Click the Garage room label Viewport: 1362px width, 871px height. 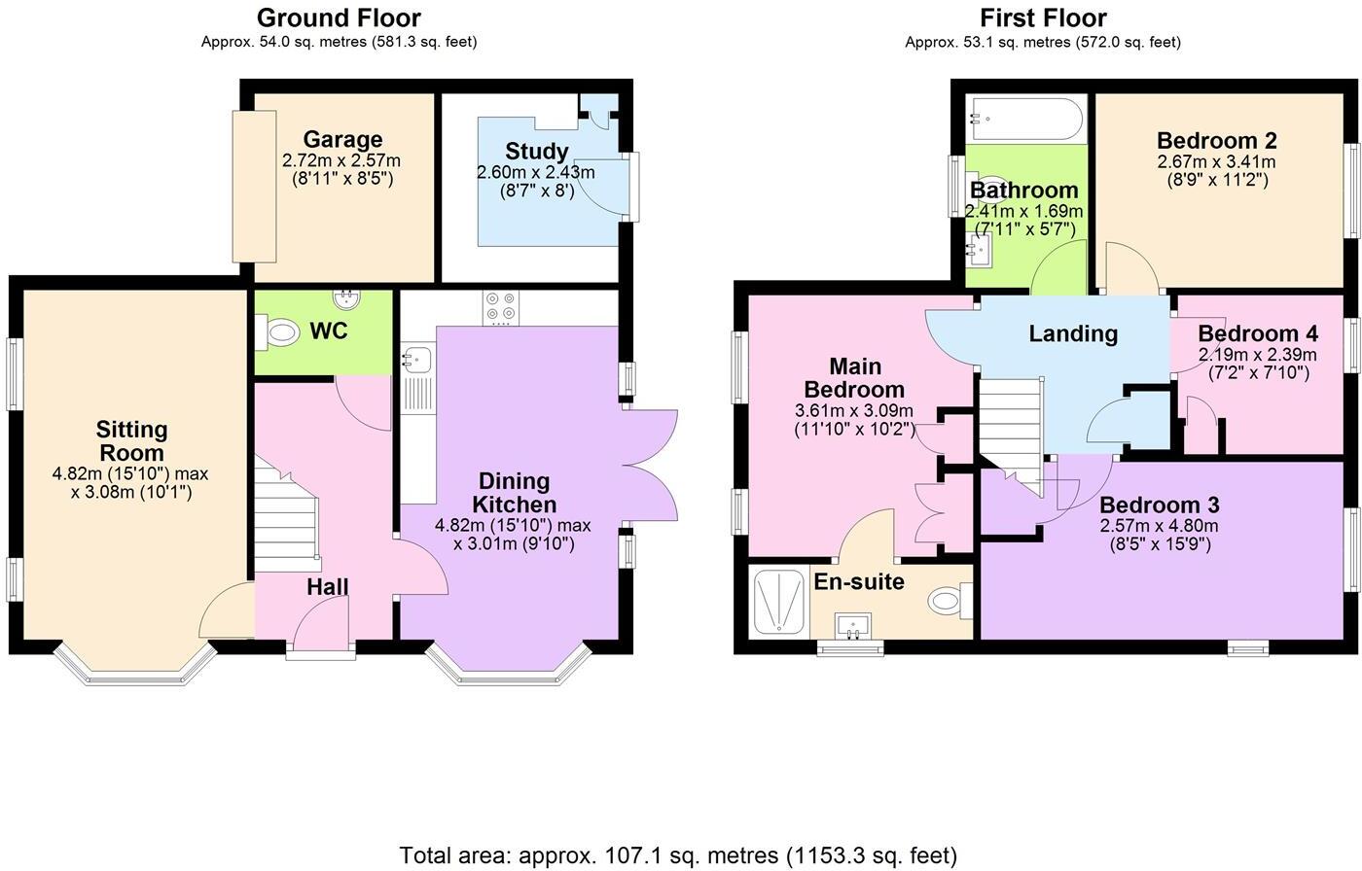click(341, 140)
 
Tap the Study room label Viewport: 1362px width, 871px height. click(536, 152)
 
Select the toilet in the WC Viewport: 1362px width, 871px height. click(280, 333)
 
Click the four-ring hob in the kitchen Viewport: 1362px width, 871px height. click(501, 308)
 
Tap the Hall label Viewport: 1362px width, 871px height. click(327, 587)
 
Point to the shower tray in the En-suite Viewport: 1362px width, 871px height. click(779, 603)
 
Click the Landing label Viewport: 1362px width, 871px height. click(1073, 334)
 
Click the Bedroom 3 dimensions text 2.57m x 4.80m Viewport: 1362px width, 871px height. click(1158, 526)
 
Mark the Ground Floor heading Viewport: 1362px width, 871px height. click(339, 17)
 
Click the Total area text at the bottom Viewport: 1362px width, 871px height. click(678, 855)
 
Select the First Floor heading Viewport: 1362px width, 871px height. click(1043, 17)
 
